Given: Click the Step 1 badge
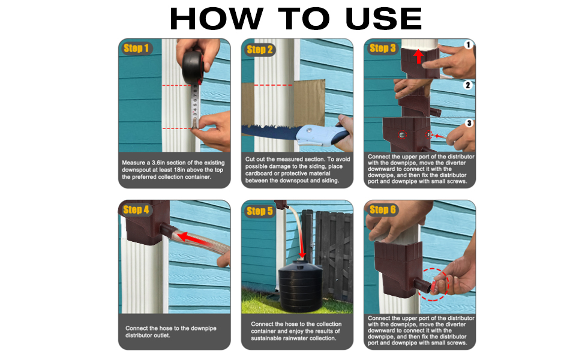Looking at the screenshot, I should click(136, 48).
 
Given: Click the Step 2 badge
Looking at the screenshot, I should click(260, 49).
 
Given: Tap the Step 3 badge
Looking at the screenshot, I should click(383, 48).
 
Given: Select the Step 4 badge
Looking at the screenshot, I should click(136, 209).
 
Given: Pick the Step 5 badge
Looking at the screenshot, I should click(259, 211).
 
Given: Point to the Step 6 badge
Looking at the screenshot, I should click(383, 209).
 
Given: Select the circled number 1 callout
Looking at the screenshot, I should click(469, 44).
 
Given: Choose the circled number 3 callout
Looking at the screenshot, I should click(469, 123).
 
